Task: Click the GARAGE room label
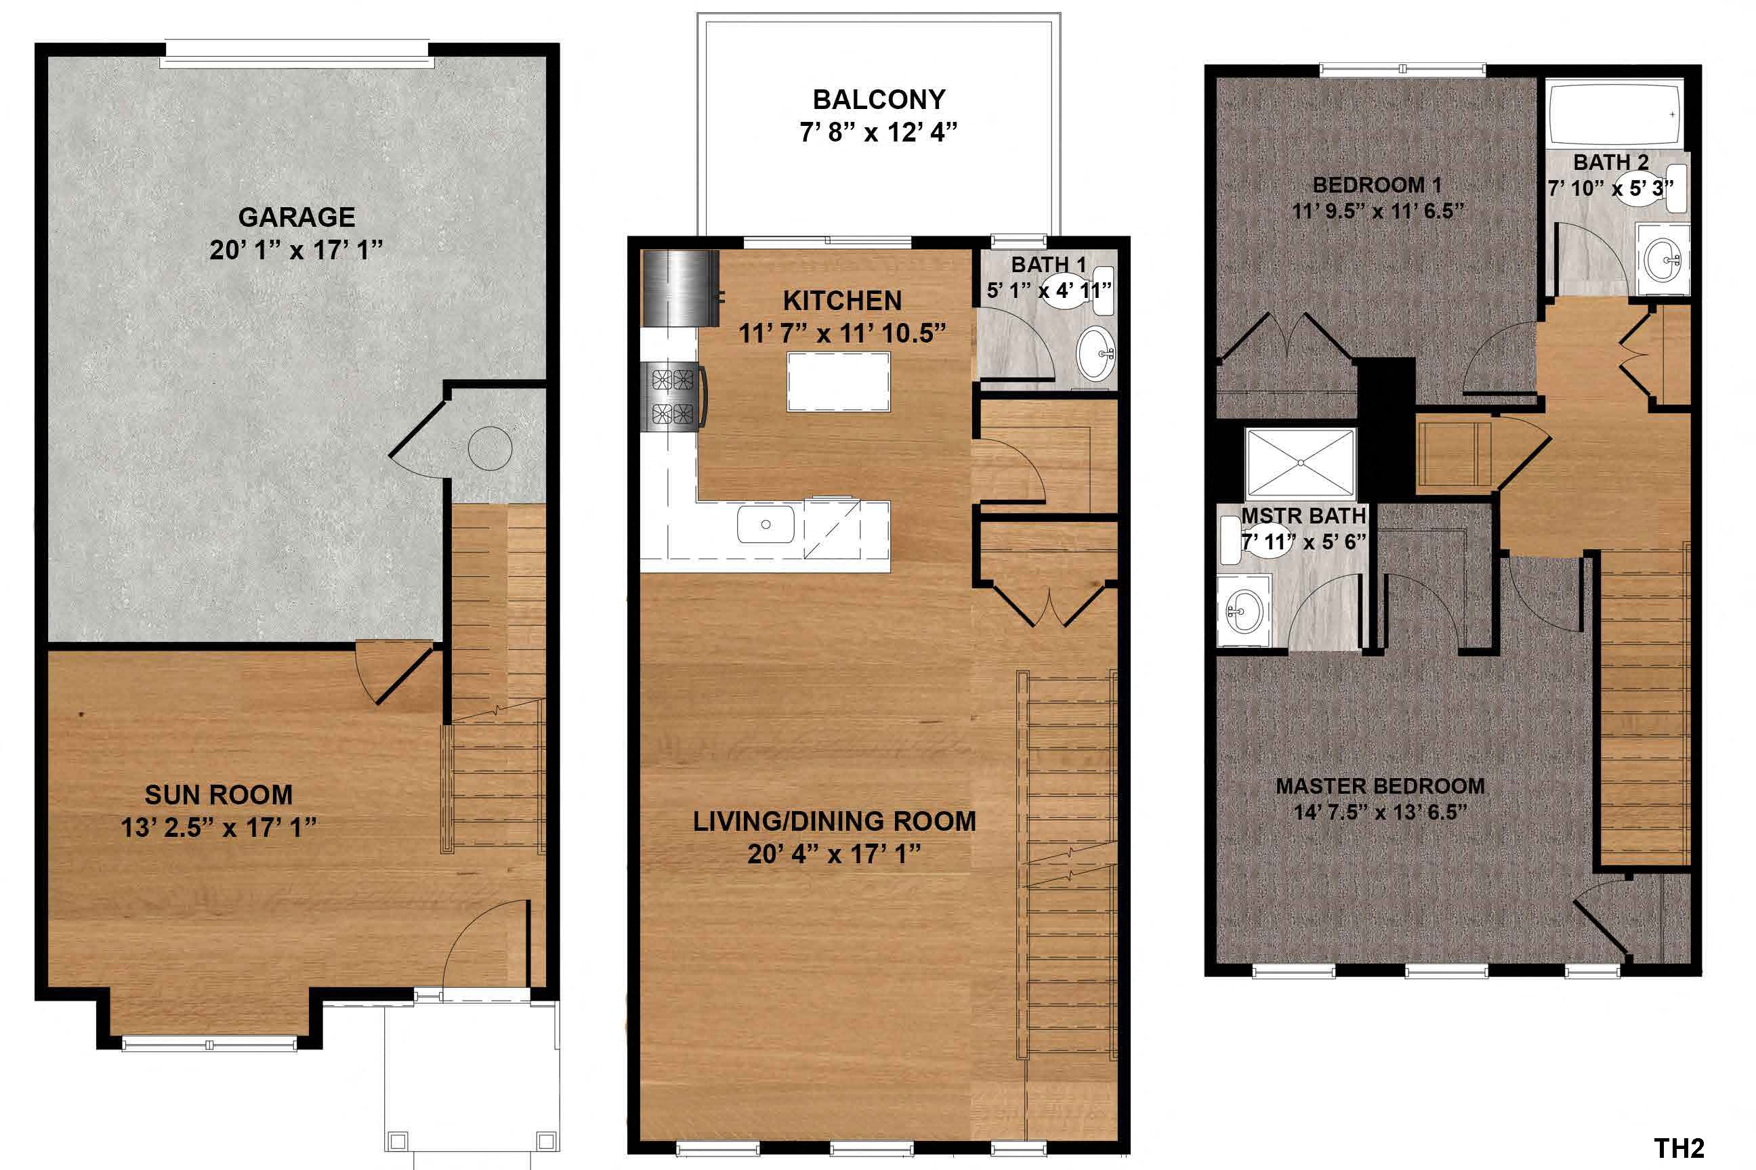tap(297, 217)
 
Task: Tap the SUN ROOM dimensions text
tap(219, 827)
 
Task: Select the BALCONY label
tap(879, 100)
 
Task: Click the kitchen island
tap(837, 381)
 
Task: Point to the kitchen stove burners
tap(673, 396)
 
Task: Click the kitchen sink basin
tap(766, 524)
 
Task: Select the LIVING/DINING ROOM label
tap(834, 821)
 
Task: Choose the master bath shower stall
tap(1300, 462)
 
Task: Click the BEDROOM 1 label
tap(1377, 184)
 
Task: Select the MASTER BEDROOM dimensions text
tap(1381, 812)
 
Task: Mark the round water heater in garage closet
tap(490, 448)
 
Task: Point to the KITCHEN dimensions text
tap(842, 334)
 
